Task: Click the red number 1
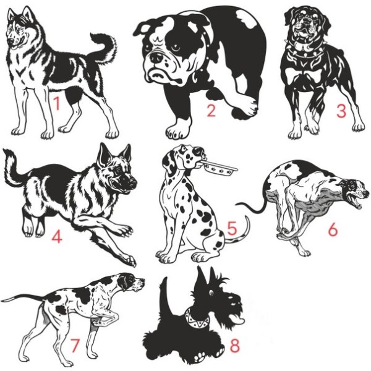[56, 103]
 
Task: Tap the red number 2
[211, 110]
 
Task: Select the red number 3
[341, 111]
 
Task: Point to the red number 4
[57, 236]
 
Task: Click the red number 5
[232, 228]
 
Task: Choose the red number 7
[75, 345]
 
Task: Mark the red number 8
[235, 345]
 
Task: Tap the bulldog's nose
[156, 58]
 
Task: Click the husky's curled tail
[104, 48]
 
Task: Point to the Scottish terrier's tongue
[238, 320]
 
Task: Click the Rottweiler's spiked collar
[305, 53]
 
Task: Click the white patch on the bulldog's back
[246, 18]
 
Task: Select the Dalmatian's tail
[238, 233]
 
